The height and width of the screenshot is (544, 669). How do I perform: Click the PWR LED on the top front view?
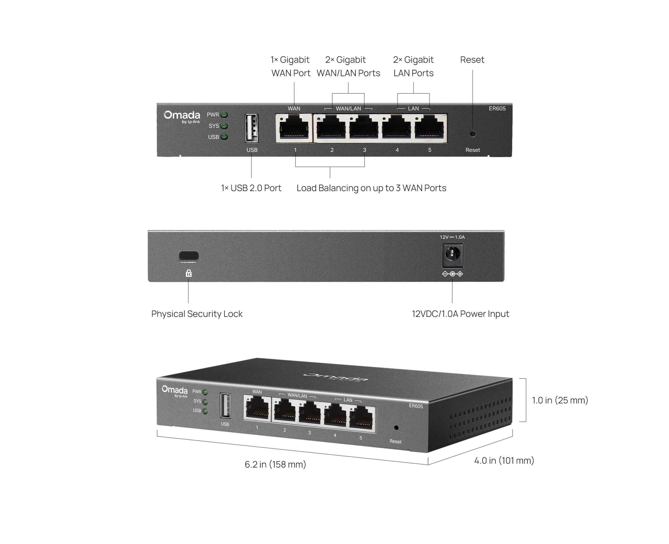point(224,115)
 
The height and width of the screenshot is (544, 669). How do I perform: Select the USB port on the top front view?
point(252,128)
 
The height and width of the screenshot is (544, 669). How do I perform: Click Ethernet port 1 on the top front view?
point(294,128)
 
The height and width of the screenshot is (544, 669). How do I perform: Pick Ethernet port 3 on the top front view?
point(364,128)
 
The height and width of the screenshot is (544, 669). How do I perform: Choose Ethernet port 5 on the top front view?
point(430,128)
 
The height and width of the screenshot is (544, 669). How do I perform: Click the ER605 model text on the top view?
point(497,109)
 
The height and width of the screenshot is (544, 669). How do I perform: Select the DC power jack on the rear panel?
point(452,255)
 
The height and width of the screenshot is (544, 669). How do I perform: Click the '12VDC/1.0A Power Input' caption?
point(460,314)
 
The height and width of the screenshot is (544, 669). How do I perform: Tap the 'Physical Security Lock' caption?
point(197,314)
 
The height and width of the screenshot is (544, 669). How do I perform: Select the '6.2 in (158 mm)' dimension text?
point(275,464)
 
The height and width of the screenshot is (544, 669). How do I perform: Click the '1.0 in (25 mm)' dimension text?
point(560,400)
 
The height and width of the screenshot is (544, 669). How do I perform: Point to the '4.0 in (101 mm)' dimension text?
point(504,460)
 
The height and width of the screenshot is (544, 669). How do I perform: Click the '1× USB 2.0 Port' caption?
point(251,188)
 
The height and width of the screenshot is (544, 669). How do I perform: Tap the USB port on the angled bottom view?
point(225,406)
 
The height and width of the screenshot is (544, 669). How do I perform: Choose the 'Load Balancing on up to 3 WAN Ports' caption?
point(371,188)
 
